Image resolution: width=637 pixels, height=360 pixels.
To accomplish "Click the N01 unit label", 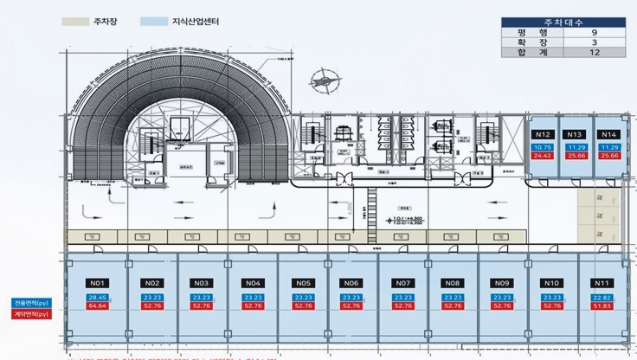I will [97, 283].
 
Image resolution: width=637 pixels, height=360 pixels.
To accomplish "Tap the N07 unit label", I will [402, 283].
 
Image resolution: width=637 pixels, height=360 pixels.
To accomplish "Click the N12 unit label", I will [543, 135].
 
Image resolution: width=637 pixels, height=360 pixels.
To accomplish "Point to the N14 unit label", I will [608, 135].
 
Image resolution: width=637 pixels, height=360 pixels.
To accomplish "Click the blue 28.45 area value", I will [97, 297].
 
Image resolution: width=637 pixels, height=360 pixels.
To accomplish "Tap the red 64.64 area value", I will [97, 305].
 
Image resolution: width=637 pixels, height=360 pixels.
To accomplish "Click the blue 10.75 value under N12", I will [543, 148].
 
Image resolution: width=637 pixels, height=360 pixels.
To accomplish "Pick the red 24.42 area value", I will [543, 156].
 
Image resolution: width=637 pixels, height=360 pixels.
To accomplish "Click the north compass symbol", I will [322, 80].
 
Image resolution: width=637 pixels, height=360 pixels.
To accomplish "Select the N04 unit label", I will [253, 283].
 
